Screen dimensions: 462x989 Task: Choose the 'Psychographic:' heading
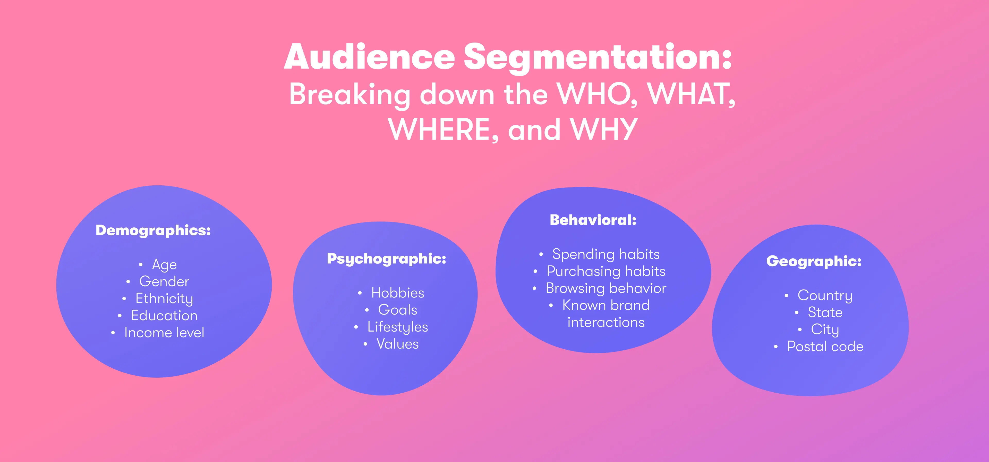[x=386, y=259]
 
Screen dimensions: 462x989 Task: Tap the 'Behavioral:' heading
[x=593, y=220]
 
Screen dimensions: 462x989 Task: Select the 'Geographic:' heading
[x=814, y=261]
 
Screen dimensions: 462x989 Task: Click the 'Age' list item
[x=164, y=265]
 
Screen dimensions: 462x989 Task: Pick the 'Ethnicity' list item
[x=164, y=299]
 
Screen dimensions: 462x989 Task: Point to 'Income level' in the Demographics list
[x=164, y=333]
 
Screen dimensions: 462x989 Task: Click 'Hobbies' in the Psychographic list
[x=397, y=293]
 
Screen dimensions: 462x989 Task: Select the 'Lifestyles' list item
[x=397, y=327]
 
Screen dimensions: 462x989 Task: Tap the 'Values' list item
[x=397, y=344]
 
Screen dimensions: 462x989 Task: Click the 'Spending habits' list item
[x=606, y=254]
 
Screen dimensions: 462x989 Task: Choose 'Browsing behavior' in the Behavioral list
[x=606, y=288]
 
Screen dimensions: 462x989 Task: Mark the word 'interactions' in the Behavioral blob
[x=606, y=323]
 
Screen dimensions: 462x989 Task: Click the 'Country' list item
[x=825, y=295]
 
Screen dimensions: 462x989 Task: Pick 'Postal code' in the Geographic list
[x=825, y=347]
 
